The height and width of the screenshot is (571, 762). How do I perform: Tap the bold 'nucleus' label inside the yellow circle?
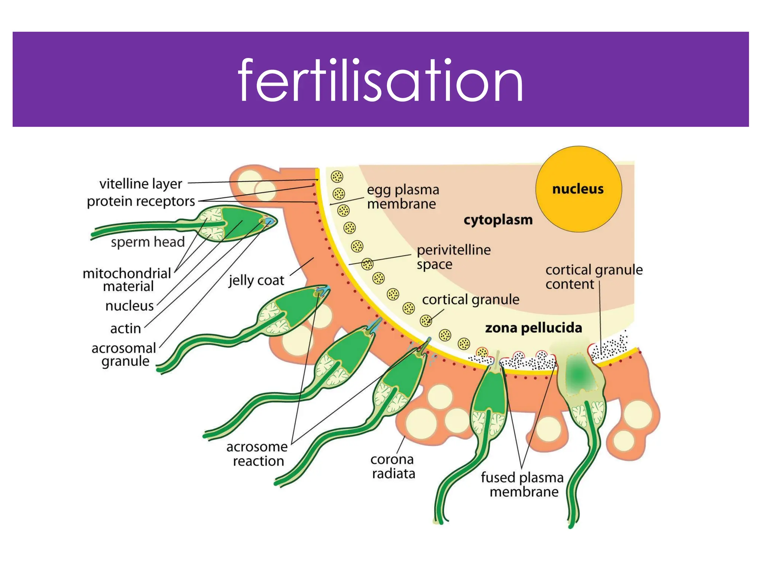click(x=578, y=189)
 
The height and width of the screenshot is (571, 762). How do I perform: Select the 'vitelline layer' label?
click(x=141, y=184)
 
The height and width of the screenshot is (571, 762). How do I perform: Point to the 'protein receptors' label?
click(x=141, y=201)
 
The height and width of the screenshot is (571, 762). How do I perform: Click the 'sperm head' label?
click(x=148, y=242)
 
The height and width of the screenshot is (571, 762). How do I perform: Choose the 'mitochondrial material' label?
click(x=127, y=280)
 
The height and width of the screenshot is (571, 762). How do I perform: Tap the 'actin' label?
click(x=125, y=329)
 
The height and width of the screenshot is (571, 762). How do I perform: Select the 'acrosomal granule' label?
click(x=124, y=355)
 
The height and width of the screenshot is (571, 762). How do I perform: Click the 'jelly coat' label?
click(x=256, y=280)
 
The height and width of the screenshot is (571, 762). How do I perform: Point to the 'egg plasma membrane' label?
click(x=403, y=197)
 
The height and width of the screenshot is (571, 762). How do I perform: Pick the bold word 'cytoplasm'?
click(x=498, y=220)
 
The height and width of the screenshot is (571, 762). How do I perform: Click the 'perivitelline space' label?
click(x=453, y=257)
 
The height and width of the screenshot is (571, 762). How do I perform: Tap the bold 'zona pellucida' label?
click(x=534, y=328)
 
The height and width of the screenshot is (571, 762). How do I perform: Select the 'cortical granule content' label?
click(x=594, y=277)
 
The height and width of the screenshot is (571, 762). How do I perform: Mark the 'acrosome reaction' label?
click(x=257, y=454)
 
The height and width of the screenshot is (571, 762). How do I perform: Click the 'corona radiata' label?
click(x=393, y=466)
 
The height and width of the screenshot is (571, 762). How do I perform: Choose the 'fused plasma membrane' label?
click(x=522, y=484)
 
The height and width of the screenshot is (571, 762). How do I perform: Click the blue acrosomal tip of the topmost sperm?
click(x=269, y=222)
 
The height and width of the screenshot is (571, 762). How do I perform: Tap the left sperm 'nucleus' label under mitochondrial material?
click(x=129, y=306)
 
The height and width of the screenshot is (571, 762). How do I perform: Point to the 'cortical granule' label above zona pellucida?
click(x=471, y=300)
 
